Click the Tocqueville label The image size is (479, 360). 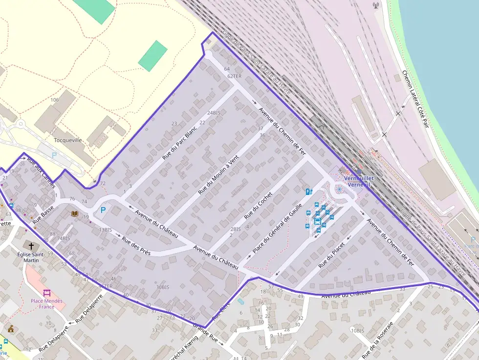tap(68, 140)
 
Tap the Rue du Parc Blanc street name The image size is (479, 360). tap(179, 140)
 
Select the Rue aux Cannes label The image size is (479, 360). tap(42, 169)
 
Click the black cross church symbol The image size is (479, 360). tap(32, 246)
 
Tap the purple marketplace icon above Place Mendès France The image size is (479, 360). tap(47, 293)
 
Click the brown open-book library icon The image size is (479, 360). tap(75, 214)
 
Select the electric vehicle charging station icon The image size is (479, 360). tap(308, 191)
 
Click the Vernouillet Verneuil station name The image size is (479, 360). tap(359, 181)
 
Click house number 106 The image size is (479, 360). tap(54, 100)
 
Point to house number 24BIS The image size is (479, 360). tap(214, 113)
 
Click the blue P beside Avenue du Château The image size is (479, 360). tap(103, 210)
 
